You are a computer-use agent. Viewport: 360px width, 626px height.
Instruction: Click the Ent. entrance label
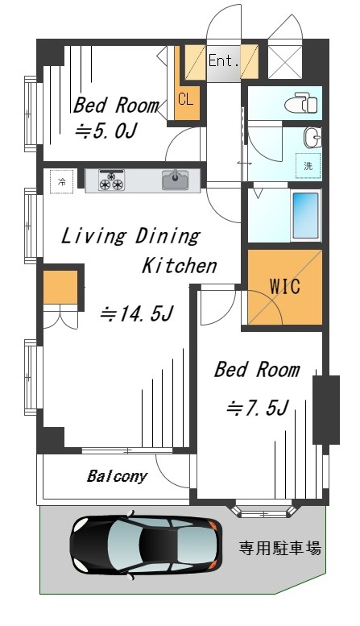[224, 61]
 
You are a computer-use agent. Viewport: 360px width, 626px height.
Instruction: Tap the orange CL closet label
[185, 98]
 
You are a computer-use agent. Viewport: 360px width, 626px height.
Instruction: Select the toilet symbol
[301, 103]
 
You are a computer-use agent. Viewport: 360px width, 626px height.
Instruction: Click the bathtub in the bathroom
[306, 216]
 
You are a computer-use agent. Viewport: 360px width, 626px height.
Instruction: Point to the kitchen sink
[176, 180]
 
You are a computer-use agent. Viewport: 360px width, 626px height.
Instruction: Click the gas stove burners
[111, 180]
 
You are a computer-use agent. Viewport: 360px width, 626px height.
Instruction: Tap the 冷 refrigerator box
[62, 181]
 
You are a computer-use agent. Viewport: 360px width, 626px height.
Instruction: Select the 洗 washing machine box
[308, 166]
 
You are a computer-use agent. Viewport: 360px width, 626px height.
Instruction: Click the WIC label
[285, 286]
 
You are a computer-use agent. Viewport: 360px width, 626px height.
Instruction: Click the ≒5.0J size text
[106, 131]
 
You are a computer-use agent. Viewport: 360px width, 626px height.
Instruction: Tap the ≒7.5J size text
[257, 408]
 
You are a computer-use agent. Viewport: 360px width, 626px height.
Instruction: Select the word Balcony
[117, 476]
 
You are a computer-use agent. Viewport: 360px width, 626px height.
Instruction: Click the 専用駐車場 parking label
[279, 548]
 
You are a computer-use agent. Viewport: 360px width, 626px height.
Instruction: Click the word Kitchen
[180, 266]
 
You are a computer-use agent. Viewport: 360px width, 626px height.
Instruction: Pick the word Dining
[168, 236]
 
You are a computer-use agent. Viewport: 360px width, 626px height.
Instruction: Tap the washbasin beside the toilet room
[312, 138]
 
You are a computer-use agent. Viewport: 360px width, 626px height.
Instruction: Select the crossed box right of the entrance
[285, 62]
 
